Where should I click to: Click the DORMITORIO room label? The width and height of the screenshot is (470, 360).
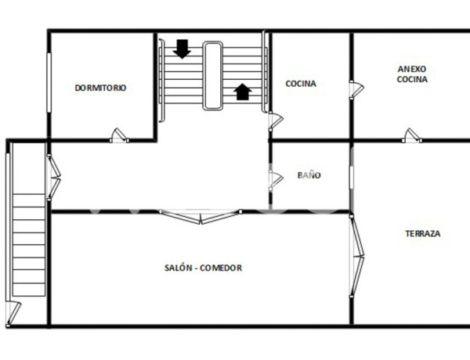click(x=100, y=88)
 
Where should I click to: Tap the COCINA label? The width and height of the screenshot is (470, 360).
click(x=301, y=84)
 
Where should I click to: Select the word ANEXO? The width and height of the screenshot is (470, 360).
click(x=412, y=68)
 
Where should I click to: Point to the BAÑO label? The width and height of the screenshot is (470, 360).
click(x=309, y=176)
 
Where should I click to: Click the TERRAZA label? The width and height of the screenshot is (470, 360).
click(x=422, y=234)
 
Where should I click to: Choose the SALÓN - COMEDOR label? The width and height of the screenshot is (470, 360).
click(x=203, y=268)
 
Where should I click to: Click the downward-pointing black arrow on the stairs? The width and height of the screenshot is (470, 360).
click(x=183, y=49)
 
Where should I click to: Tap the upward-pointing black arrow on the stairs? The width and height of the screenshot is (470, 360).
click(x=243, y=92)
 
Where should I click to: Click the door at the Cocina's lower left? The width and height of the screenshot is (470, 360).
click(x=275, y=121)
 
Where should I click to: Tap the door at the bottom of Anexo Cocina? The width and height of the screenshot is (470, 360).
click(x=412, y=135)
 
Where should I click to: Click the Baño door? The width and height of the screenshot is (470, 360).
click(x=275, y=179)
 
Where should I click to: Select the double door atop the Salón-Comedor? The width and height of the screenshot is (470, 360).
click(x=200, y=215)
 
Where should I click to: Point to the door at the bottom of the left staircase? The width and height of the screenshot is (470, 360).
click(x=12, y=313)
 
